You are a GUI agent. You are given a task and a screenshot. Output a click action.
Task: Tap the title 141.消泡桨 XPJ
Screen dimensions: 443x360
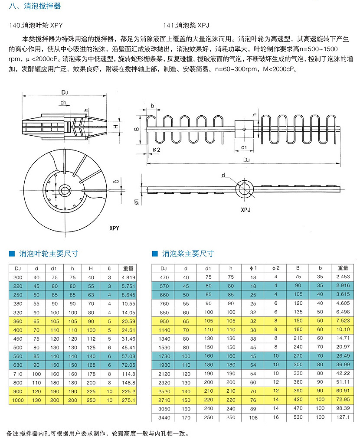coord(187,26)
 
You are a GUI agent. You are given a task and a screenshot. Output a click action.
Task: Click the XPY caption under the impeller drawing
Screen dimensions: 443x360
coord(114,228)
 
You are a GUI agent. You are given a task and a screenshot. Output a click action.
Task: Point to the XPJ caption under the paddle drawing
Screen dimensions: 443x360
coord(245,209)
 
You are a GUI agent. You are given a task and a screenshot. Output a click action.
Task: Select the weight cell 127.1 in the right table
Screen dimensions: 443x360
coord(343,417)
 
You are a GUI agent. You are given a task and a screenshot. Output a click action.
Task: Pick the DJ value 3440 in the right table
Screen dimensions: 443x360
coord(164,417)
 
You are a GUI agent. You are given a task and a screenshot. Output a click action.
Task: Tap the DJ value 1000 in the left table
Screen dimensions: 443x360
coord(18,400)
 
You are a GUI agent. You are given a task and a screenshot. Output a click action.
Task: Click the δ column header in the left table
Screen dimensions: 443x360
coord(109,268)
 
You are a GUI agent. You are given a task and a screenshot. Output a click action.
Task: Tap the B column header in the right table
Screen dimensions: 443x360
coord(298,268)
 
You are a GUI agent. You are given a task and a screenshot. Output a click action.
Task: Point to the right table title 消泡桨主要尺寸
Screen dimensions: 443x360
coord(188,254)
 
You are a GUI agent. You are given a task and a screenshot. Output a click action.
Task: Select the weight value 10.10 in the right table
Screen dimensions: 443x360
coord(343,329)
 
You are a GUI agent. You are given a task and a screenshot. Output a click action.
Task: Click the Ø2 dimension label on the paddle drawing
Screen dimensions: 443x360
coord(157,150)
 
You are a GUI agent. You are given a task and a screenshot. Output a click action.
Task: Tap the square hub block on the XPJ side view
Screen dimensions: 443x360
coord(244,129)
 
